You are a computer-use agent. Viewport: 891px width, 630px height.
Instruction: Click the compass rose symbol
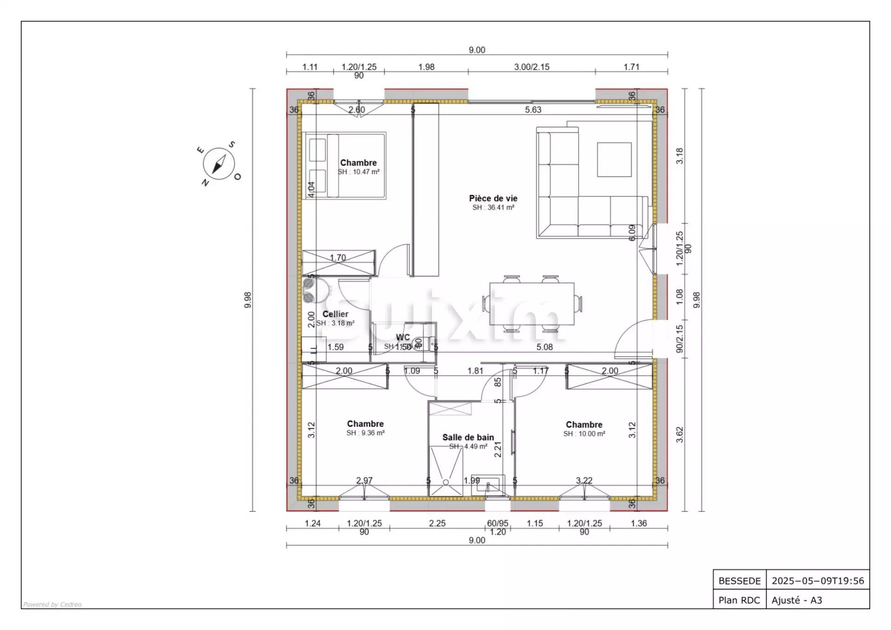coord(219,164)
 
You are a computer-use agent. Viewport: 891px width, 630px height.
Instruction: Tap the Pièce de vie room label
coord(493,198)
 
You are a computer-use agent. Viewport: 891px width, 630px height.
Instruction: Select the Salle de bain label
coord(468,437)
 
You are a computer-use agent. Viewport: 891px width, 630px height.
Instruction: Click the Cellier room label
coord(335,314)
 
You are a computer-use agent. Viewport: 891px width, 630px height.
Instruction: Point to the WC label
coord(403,337)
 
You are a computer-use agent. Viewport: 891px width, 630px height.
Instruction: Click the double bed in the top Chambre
coord(344,166)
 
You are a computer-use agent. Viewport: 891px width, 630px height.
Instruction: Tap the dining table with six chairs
coord(532,304)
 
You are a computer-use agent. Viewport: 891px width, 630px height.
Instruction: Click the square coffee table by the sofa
coord(614,159)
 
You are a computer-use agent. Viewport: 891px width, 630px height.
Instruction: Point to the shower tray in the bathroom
coord(445,471)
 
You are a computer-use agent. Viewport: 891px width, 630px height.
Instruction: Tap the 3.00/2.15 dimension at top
coord(531,67)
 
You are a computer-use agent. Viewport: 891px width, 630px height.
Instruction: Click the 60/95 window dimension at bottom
coord(497,523)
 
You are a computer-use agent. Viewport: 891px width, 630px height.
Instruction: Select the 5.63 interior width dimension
coord(533,110)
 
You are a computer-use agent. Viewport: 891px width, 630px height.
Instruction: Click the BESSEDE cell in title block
coord(739,581)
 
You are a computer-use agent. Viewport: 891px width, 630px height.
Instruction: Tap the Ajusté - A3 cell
coord(796,600)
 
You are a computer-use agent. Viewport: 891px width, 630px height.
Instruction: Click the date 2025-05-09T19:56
coord(818,581)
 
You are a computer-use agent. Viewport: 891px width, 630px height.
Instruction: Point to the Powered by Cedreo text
coord(52,604)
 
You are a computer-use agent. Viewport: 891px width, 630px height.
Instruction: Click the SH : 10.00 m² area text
coord(584,434)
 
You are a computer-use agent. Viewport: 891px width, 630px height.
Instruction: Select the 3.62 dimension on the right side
coord(679,435)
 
